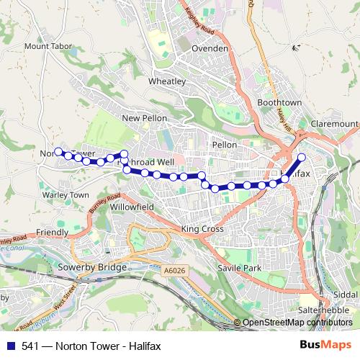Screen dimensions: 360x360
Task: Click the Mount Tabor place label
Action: pyautogui.click(x=48, y=46)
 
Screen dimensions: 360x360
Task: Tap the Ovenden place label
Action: pyautogui.click(x=210, y=48)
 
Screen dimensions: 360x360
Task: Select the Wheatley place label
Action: pyautogui.click(x=167, y=81)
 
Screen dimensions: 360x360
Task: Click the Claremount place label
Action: pyautogui.click(x=333, y=124)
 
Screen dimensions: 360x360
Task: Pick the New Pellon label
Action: pyautogui.click(x=144, y=118)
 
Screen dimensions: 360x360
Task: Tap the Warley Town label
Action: pyautogui.click(x=65, y=195)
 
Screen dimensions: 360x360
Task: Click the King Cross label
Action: pyautogui.click(x=202, y=229)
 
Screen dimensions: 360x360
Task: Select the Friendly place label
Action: pyautogui.click(x=52, y=233)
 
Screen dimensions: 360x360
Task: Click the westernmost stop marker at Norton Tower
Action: pyautogui.click(x=58, y=152)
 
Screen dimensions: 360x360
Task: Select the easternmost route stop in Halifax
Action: pyautogui.click(x=302, y=157)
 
